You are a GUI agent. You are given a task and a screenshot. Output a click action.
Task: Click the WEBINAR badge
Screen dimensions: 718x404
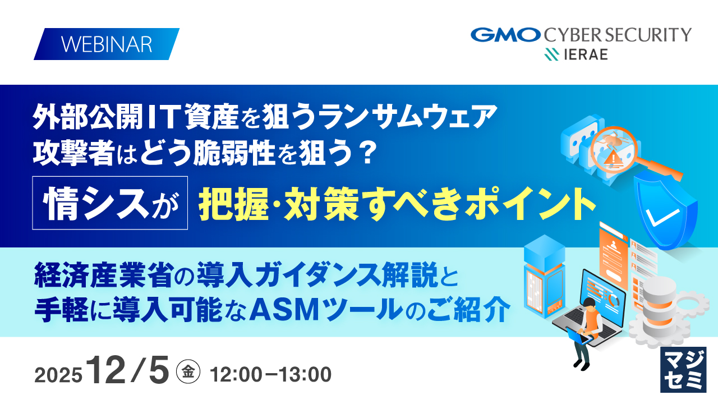[x=107, y=44]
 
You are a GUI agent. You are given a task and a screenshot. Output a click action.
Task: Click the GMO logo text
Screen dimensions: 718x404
[x=505, y=35]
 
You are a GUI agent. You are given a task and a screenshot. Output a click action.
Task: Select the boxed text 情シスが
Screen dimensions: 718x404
[x=110, y=203]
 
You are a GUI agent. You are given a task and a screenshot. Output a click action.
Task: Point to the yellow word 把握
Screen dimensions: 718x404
[x=233, y=204]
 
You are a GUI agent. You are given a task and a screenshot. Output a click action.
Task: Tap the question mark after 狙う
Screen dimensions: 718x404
[x=367, y=153]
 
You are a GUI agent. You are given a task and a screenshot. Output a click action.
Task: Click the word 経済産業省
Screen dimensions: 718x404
[x=107, y=275]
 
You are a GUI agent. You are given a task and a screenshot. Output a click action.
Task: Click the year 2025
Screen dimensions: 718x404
[x=58, y=375]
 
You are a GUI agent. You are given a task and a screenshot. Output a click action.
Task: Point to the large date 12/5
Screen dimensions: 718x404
[x=128, y=370]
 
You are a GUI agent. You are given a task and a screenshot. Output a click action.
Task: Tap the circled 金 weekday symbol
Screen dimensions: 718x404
[x=188, y=371]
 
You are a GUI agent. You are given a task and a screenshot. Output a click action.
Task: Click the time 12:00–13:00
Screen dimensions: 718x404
[x=271, y=374]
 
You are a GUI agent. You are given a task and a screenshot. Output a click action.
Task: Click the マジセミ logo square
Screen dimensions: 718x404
[x=683, y=370]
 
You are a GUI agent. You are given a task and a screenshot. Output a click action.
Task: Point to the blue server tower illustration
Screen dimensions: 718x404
[x=544, y=276]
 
